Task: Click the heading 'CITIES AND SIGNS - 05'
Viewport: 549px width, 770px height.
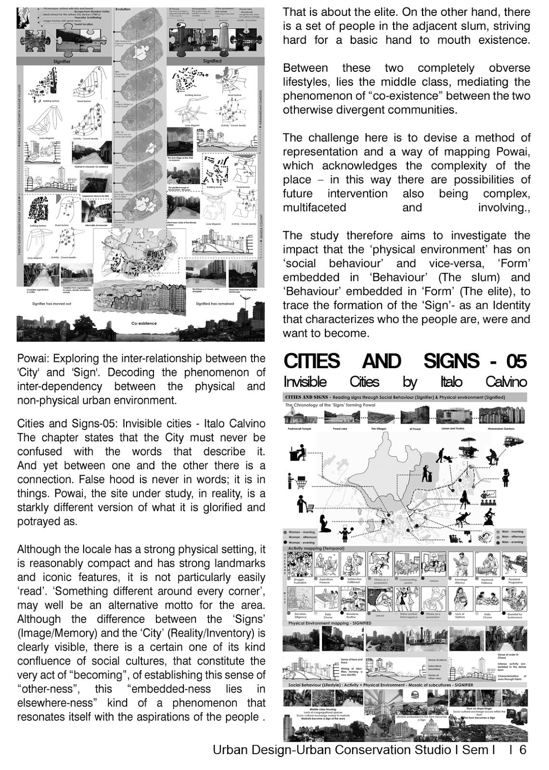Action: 405,361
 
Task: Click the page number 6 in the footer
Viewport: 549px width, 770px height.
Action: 523,750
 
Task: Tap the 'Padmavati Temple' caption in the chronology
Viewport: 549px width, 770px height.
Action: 299,428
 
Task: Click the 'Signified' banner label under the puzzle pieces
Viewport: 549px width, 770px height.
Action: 212,61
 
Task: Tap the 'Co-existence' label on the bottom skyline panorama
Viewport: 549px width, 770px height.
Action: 143,323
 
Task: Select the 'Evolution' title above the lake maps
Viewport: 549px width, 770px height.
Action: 123,10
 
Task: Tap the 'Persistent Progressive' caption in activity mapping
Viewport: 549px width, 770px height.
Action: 514,581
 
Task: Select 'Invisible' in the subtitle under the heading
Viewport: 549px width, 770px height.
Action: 305,382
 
